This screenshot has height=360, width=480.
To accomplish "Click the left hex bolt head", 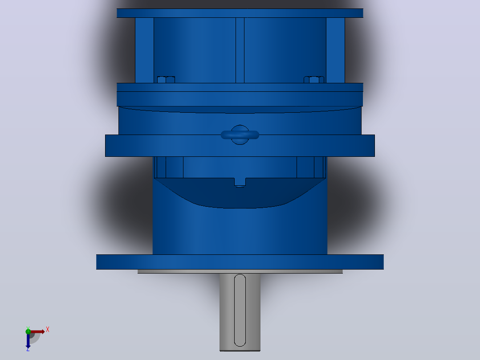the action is click(166, 80).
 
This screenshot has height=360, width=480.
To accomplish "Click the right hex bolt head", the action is click(314, 80).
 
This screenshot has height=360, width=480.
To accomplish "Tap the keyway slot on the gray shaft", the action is click(240, 311).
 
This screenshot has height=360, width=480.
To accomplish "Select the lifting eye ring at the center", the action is click(240, 135).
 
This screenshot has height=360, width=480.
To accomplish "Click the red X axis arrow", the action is click(37, 331).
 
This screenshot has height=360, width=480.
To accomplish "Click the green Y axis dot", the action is click(28, 331).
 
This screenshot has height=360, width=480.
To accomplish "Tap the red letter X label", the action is click(48, 330).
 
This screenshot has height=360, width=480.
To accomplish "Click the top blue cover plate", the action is click(240, 13).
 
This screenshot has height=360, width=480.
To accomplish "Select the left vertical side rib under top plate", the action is click(144, 50).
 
